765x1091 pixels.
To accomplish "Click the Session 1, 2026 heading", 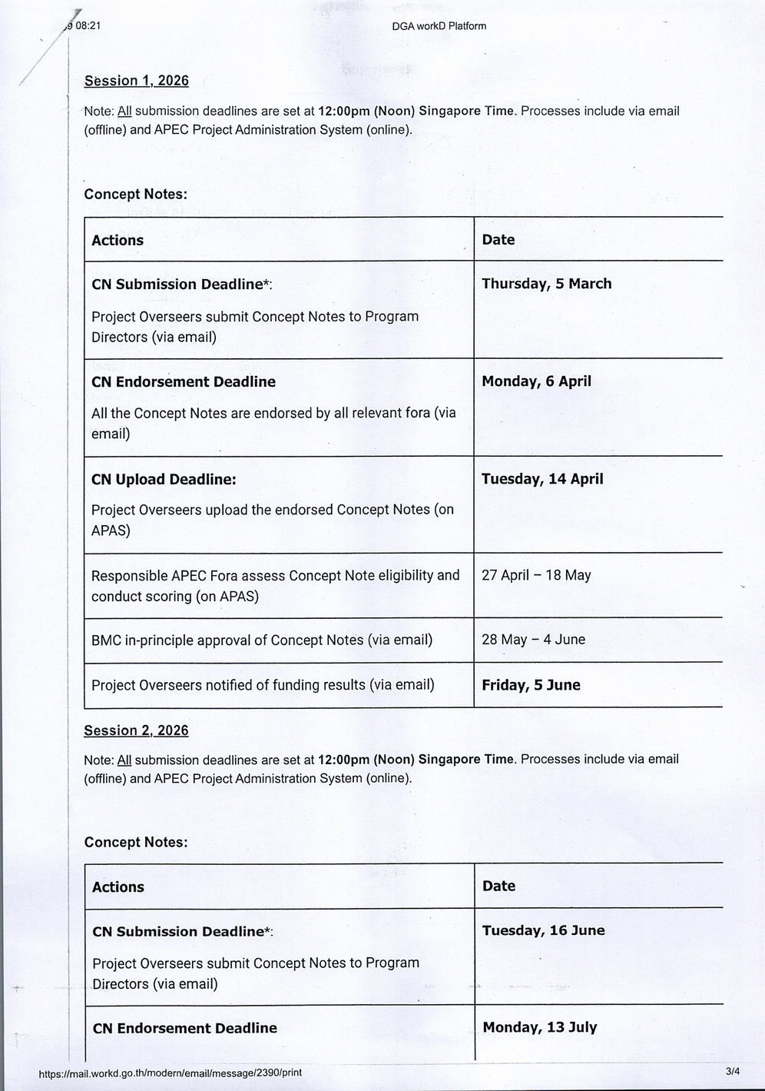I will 136,81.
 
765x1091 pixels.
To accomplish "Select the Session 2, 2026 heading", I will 136,730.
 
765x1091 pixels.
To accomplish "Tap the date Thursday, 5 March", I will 546,284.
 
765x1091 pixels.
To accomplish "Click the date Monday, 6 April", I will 536,381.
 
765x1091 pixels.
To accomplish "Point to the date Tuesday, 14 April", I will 542,479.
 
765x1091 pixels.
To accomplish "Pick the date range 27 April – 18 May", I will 536,575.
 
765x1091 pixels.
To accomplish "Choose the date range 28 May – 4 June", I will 533,640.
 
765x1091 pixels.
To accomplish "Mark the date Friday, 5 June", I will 531,685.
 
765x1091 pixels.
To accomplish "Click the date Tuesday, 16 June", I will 543,930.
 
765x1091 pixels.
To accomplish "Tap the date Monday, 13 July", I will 539,1027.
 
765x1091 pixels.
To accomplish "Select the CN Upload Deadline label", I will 164,480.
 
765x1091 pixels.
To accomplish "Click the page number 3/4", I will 732,1071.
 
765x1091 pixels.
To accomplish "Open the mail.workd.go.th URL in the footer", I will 170,1073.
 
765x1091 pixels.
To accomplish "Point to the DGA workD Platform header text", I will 439,26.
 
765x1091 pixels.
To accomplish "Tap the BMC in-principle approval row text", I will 262,640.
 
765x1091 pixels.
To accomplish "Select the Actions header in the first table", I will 118,240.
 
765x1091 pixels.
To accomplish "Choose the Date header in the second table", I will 498,886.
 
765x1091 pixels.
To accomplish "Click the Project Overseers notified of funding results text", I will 263,685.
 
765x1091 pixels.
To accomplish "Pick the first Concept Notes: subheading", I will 135,195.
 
